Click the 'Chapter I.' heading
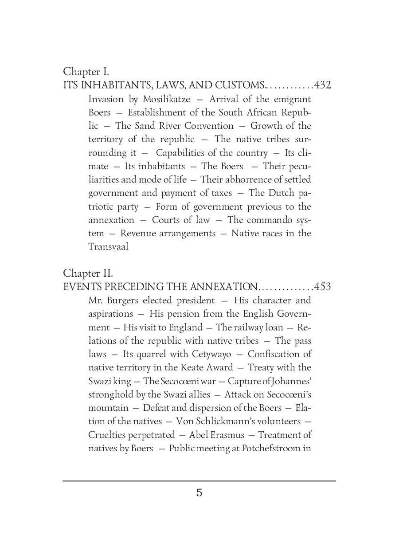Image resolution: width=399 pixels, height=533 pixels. [x=86, y=71]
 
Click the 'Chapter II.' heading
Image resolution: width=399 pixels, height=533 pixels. [x=88, y=273]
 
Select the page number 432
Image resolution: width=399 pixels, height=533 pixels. [x=322, y=85]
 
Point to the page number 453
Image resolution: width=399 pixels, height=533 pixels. [x=322, y=286]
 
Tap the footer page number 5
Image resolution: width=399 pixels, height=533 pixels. [x=199, y=493]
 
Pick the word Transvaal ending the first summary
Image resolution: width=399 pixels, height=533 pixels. [x=108, y=247]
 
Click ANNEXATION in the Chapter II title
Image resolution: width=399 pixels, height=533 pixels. [x=224, y=286]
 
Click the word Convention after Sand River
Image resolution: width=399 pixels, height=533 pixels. [x=209, y=126]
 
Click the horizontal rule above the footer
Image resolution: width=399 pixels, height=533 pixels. [x=199, y=481]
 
